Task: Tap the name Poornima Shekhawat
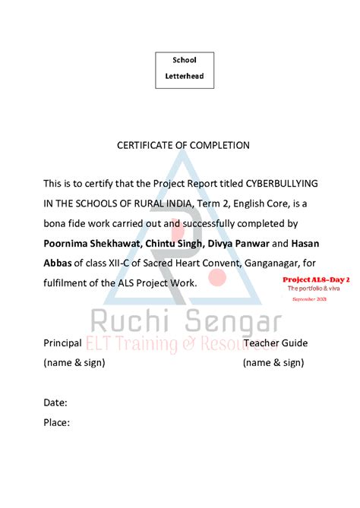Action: coord(90,244)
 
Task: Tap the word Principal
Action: coord(62,343)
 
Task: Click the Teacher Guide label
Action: coord(275,343)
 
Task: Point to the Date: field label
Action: coord(55,402)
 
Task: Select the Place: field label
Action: coord(57,422)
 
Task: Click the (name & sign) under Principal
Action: coord(74,363)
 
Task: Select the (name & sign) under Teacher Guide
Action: coord(273,363)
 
